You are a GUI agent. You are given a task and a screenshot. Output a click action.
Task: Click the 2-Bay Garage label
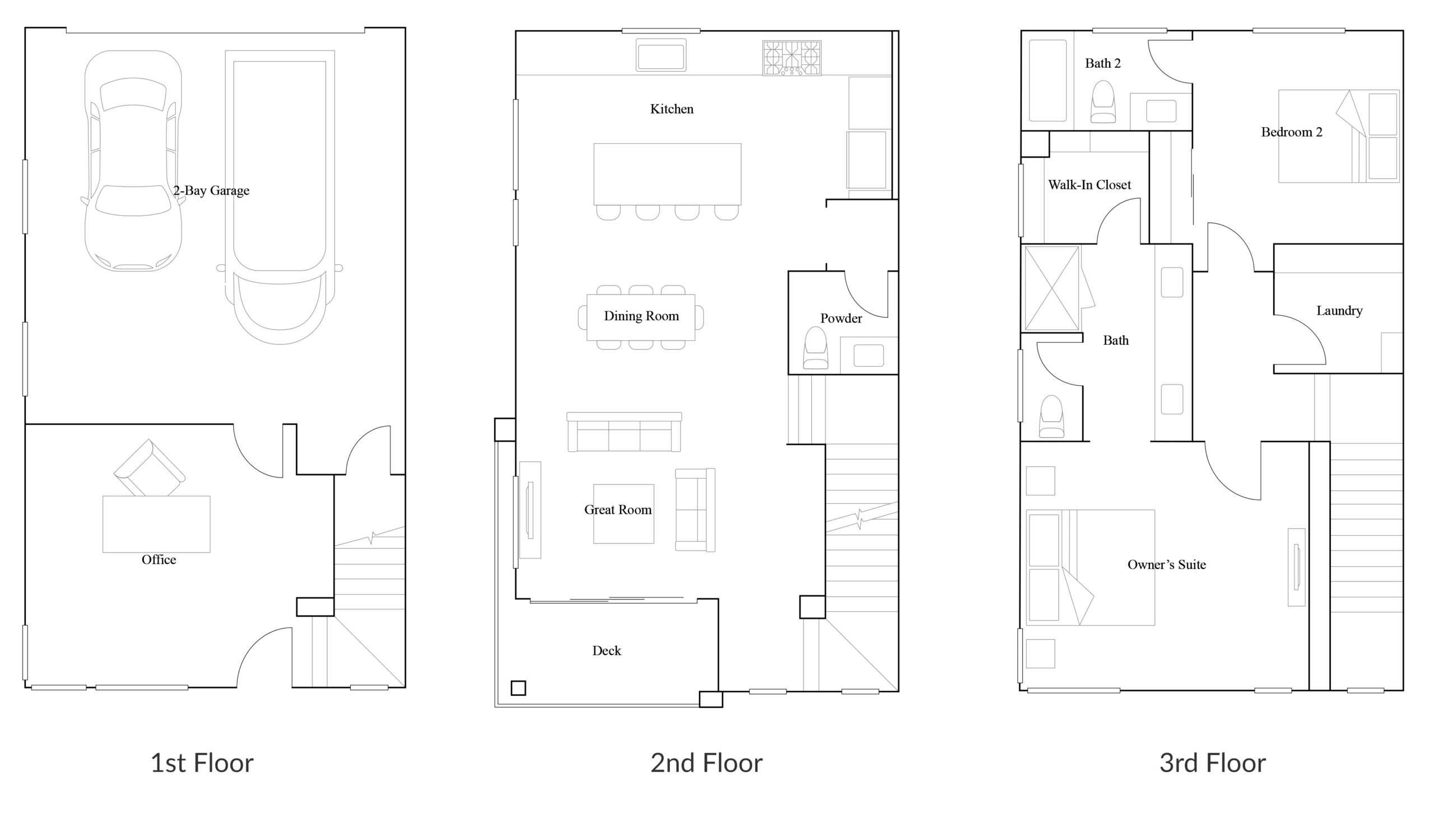coord(211,191)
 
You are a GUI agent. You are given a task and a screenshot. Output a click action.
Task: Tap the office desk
coord(156,524)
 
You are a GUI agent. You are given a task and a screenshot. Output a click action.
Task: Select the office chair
coord(149,468)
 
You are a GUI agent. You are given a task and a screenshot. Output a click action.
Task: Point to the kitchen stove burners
coord(792,58)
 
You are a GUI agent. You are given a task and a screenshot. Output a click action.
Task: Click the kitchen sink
coord(661,55)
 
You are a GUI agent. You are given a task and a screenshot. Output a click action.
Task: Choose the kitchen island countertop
coord(667,174)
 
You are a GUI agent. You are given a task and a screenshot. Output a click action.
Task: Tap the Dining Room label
coord(641,316)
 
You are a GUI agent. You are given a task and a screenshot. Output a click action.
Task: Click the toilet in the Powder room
coord(815,348)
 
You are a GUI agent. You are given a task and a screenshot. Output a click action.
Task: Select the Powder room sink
coord(869,356)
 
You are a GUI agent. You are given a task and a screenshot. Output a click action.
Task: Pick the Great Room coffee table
coord(623,514)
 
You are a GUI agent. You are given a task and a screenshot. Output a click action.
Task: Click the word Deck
coord(607,651)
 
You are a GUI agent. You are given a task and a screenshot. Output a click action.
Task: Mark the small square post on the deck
coord(519,688)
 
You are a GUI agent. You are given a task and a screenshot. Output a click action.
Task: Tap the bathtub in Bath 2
coord(1047,80)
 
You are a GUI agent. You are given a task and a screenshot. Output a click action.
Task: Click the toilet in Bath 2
coord(1103,101)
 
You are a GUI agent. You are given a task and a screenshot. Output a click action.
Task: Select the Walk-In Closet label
coord(1090,185)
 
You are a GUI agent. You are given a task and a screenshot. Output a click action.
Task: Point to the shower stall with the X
coord(1051,288)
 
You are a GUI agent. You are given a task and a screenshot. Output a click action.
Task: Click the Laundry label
coord(1339,311)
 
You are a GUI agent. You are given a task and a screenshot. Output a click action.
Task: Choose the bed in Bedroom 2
coord(1339,136)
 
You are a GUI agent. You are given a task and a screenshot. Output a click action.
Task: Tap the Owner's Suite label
coord(1166,564)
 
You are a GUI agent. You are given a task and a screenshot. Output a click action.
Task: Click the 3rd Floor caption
coord(1213,763)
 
